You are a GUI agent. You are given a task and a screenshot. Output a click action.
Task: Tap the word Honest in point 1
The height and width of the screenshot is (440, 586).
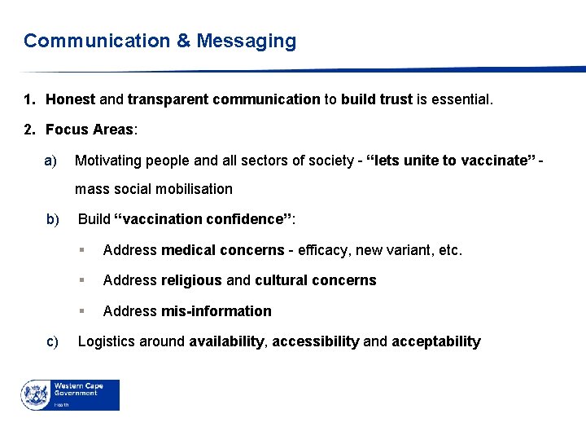pos(70,100)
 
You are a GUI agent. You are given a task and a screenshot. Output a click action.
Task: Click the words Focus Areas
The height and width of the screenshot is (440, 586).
pos(90,130)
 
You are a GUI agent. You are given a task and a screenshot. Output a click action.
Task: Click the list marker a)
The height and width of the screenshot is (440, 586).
pos(50,160)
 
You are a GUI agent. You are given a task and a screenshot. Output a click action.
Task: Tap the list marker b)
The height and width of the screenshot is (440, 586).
pos(54,218)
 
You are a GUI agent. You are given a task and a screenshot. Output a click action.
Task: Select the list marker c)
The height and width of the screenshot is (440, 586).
pos(53,341)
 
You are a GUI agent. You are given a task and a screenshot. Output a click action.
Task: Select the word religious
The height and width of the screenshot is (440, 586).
pos(191,280)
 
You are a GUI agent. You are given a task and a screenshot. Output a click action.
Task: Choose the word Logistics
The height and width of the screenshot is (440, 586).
pos(107,341)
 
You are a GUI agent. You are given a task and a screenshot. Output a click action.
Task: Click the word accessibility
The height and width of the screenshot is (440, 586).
pos(315,341)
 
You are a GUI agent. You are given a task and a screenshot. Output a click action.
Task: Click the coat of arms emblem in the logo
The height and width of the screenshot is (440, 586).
pos(35,395)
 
